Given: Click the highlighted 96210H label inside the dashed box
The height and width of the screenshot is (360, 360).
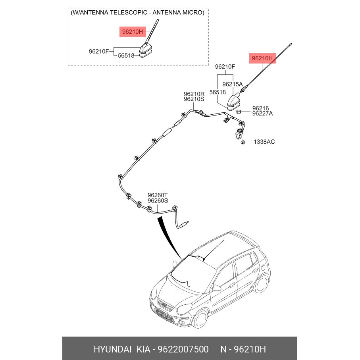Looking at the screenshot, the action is pyautogui.click(x=133, y=32).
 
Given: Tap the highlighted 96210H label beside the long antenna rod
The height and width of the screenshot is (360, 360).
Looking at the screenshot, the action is pyautogui.click(x=262, y=58).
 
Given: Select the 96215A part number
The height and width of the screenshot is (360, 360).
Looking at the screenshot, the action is pyautogui.click(x=232, y=84).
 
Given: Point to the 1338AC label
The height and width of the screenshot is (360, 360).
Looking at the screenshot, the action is pyautogui.click(x=264, y=142).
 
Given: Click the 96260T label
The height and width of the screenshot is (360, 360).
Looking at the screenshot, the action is pyautogui.click(x=158, y=195).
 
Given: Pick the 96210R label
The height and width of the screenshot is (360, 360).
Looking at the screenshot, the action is pyautogui.click(x=194, y=94).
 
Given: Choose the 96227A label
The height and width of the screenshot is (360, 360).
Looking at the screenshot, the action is pyautogui.click(x=262, y=114).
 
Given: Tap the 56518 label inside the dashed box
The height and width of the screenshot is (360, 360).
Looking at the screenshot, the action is pyautogui.click(x=126, y=56).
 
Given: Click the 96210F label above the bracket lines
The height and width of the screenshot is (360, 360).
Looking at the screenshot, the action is pyautogui.click(x=225, y=67).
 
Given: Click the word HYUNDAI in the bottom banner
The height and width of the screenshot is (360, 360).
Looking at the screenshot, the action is pyautogui.click(x=112, y=349).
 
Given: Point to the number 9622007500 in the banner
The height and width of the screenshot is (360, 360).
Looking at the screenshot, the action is pyautogui.click(x=183, y=349).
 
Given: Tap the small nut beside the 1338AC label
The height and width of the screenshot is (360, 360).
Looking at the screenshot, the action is pyautogui.click(x=243, y=142).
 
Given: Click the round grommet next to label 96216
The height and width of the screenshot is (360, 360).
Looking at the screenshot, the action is pyautogui.click(x=239, y=112).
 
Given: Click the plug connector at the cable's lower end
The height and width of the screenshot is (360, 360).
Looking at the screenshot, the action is pyautogui.click(x=185, y=223).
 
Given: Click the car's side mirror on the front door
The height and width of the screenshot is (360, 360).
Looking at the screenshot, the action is pyautogui.click(x=216, y=288).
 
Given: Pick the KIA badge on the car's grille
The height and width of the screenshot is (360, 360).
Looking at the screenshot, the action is pyautogui.click(x=164, y=305).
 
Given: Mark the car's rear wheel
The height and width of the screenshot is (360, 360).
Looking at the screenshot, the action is pyautogui.click(x=261, y=284).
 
